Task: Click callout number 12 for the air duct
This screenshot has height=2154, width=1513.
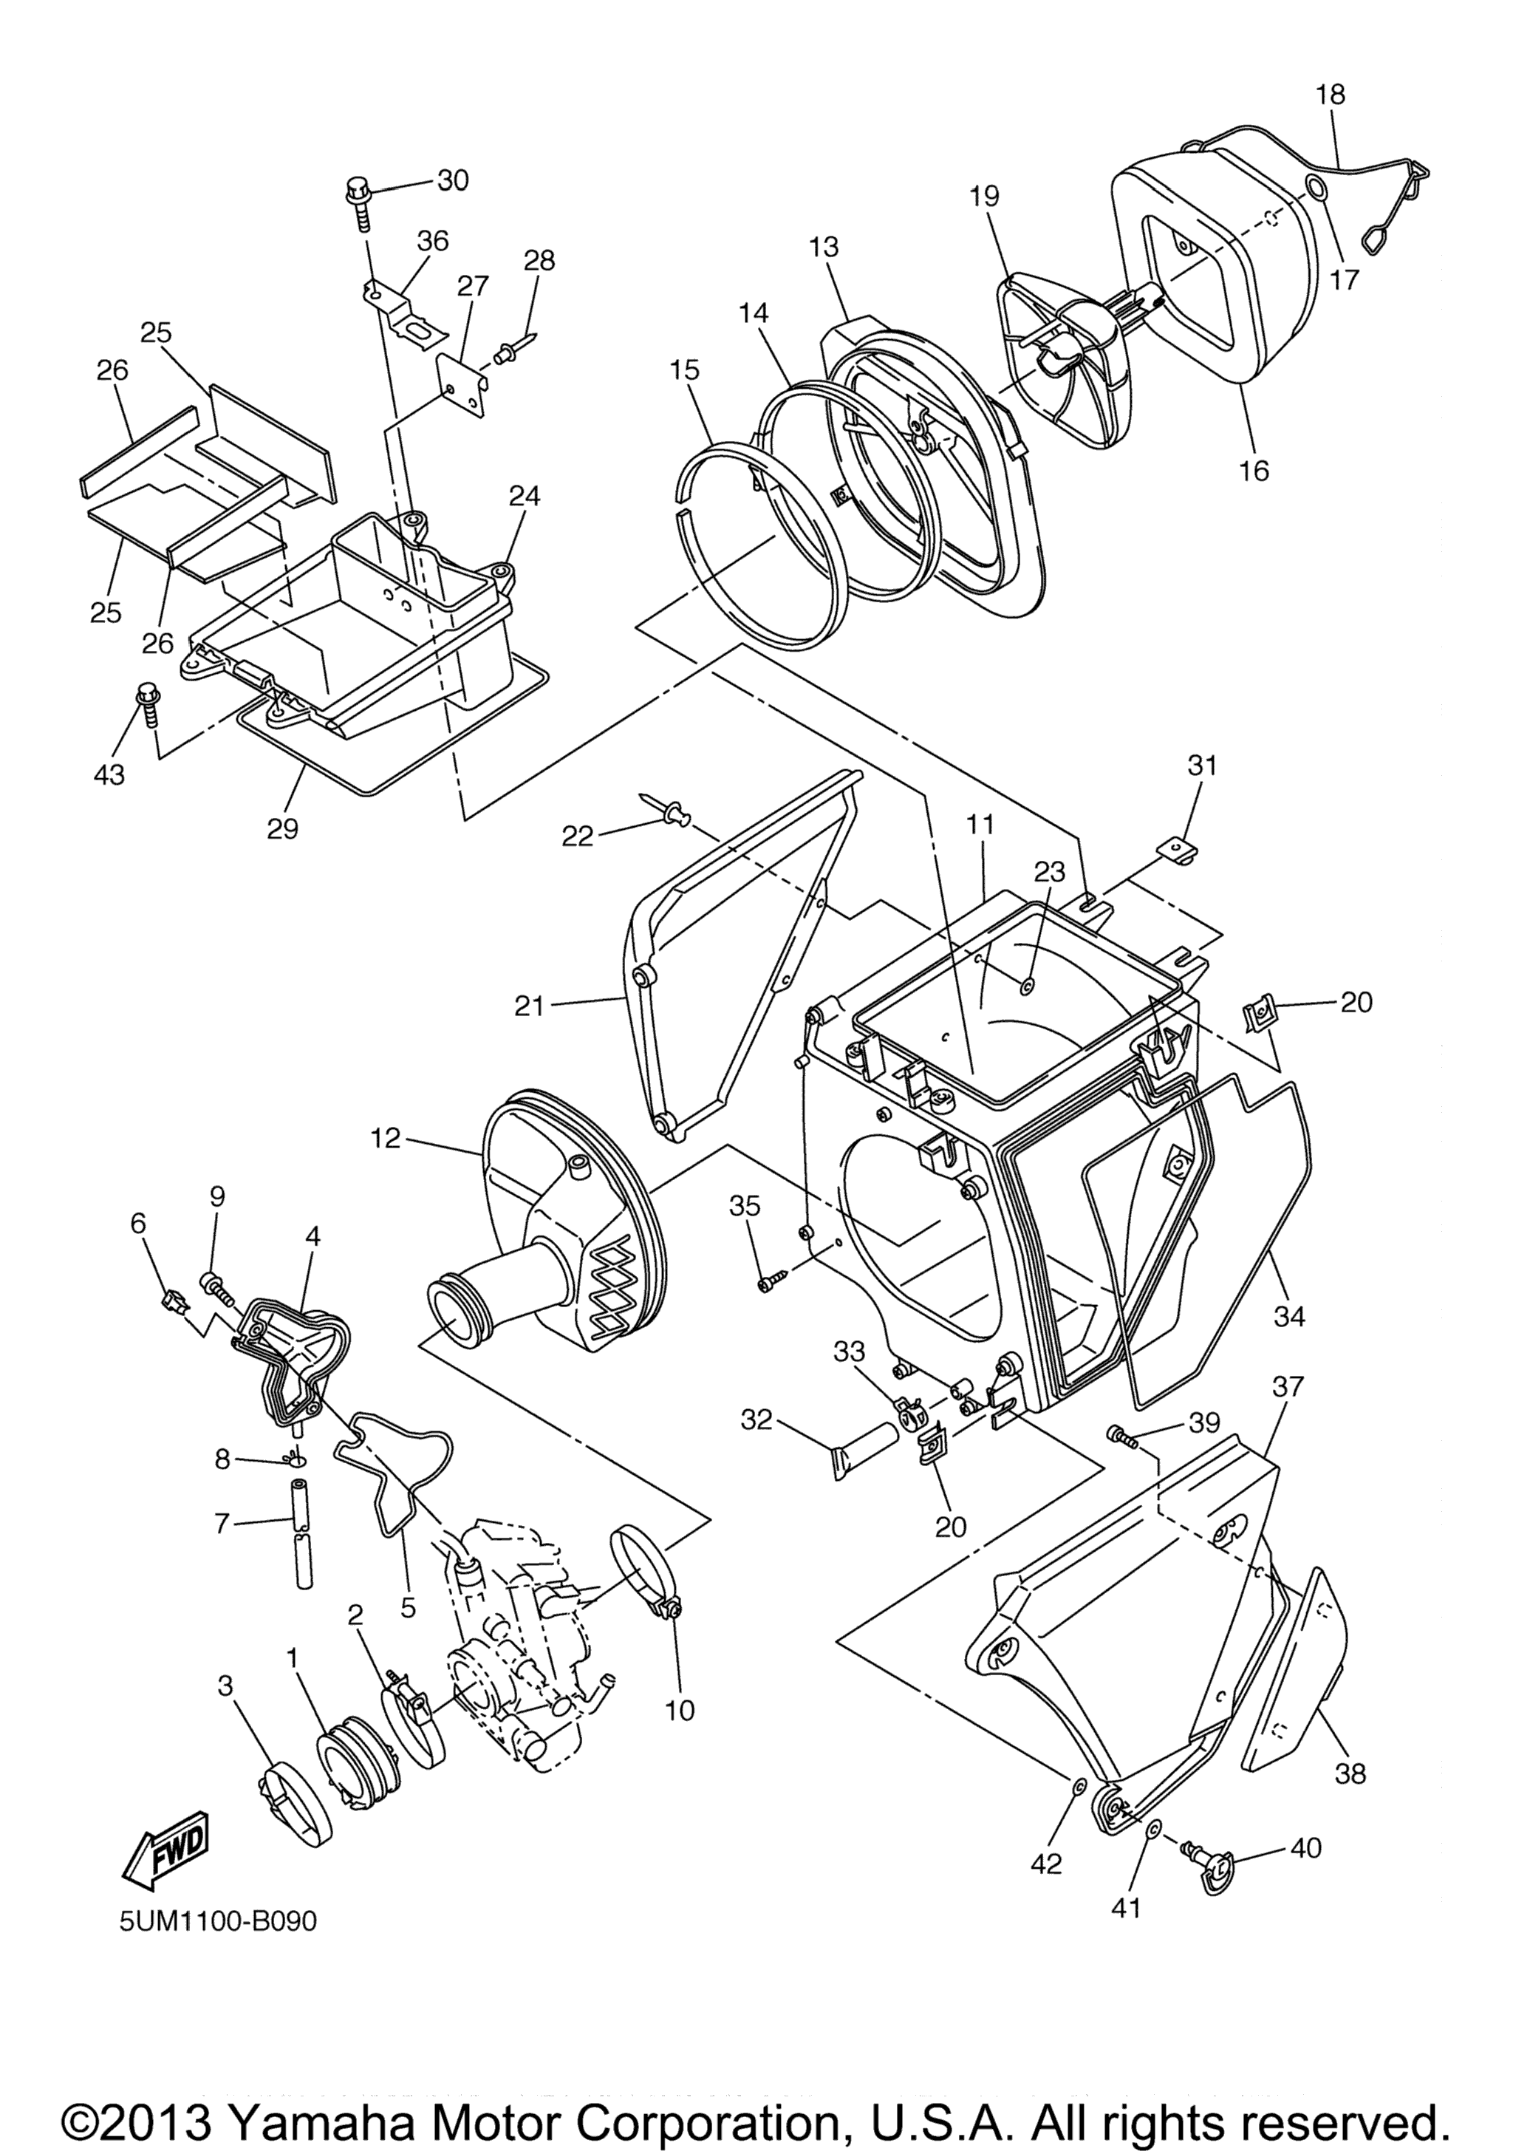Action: pos(386,1139)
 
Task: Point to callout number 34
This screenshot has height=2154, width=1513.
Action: pos(1289,1316)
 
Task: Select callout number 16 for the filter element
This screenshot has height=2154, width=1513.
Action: pos(1253,470)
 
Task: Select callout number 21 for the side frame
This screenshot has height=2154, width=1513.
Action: pos(530,1006)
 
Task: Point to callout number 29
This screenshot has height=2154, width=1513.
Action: pos(282,828)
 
